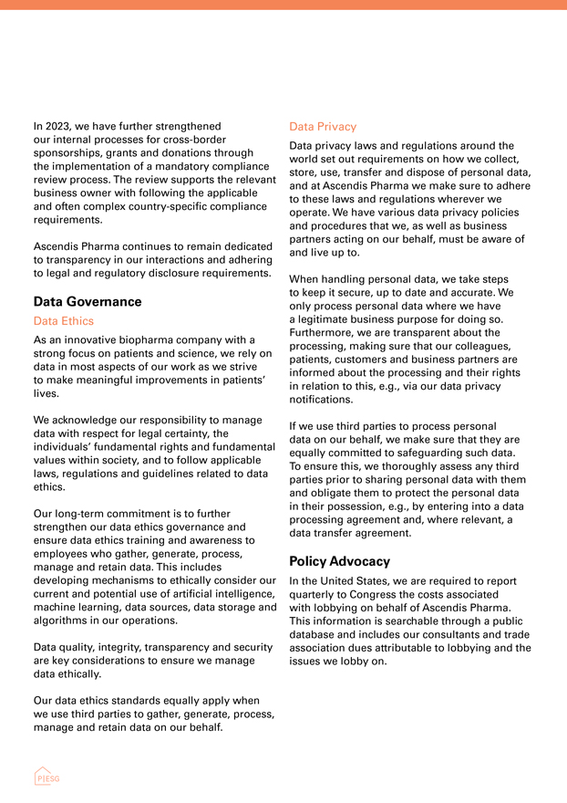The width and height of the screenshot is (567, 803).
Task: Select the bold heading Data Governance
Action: (88, 301)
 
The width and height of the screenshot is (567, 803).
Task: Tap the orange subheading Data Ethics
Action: (63, 321)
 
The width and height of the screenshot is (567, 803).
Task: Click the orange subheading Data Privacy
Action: (323, 127)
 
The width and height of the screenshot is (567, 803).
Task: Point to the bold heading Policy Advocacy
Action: (339, 561)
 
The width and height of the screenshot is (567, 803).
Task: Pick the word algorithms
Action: (63, 620)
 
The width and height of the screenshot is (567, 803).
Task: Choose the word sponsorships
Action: (70, 152)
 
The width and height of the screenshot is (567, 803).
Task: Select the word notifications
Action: (321, 400)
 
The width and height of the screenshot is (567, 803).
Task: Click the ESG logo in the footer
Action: (46, 777)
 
